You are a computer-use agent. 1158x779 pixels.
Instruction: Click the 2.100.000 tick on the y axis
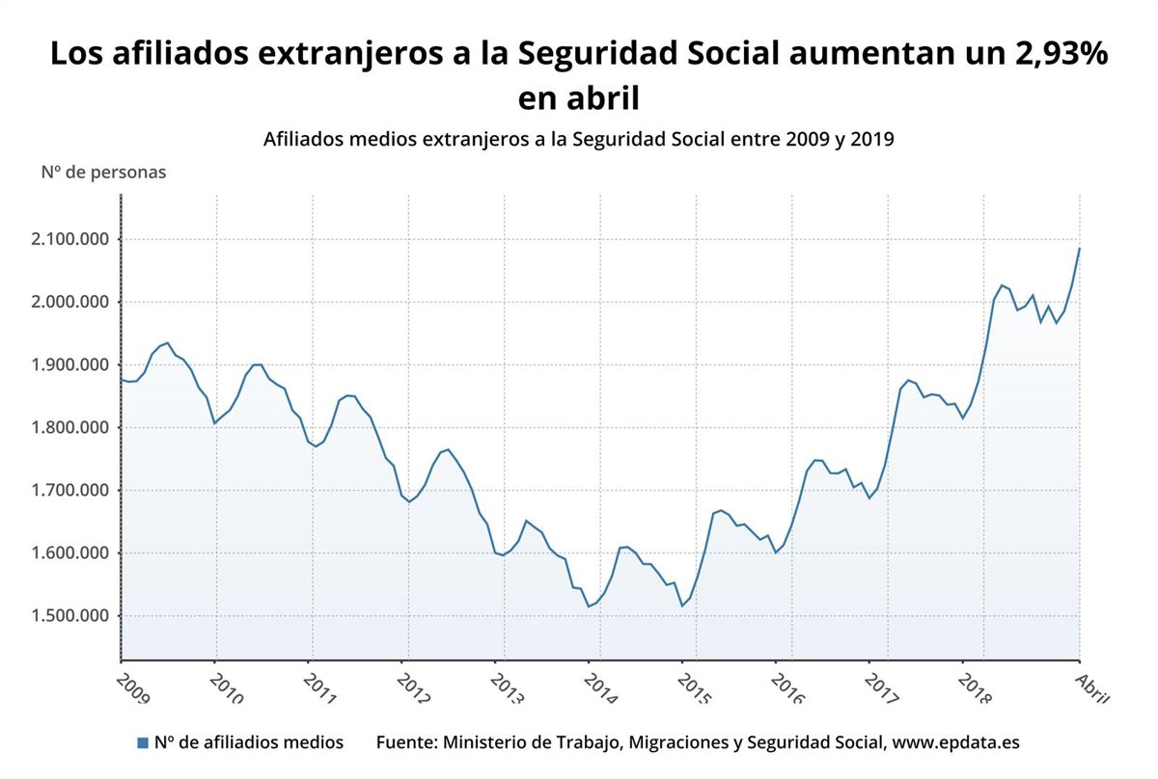(x=69, y=239)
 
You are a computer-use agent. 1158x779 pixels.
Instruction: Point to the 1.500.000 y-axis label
(x=69, y=616)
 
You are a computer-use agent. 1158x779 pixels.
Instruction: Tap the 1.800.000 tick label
(x=69, y=428)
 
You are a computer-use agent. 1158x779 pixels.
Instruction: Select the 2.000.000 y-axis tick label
(x=69, y=303)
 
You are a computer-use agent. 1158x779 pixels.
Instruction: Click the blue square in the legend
(x=143, y=742)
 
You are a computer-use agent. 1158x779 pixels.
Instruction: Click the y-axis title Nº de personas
(x=103, y=173)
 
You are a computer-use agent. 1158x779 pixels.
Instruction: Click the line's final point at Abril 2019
(x=1079, y=249)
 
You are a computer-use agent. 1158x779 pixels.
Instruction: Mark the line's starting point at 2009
(x=122, y=379)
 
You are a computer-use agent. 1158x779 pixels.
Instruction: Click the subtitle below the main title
(x=579, y=139)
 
